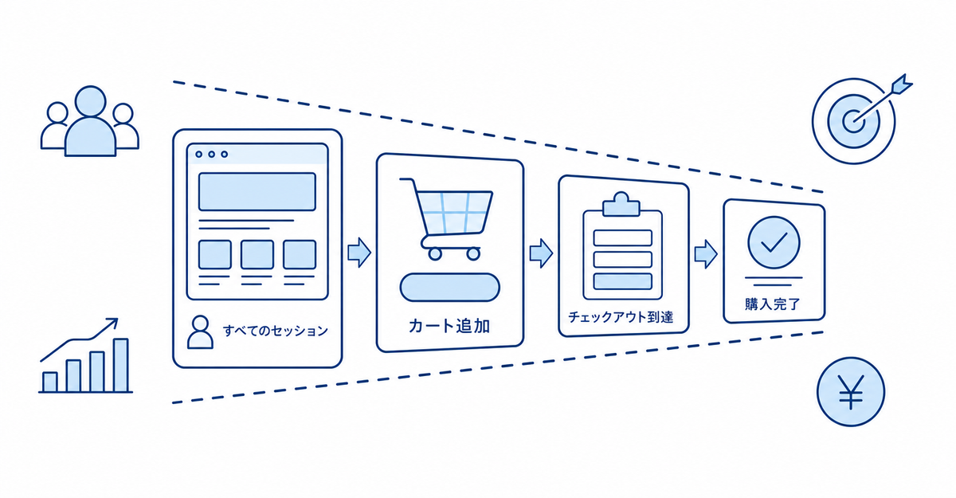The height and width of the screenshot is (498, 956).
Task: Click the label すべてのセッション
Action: tap(276, 331)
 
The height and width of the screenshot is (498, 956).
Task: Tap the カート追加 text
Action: tap(449, 326)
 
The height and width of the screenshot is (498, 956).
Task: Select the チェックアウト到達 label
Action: tap(621, 317)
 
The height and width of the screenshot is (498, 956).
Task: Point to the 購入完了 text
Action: tap(773, 304)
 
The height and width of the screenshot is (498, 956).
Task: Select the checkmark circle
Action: tap(774, 242)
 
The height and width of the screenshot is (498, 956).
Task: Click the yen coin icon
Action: tap(851, 392)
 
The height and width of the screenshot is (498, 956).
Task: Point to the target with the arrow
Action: tap(858, 120)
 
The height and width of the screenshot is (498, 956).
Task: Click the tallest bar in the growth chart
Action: tap(121, 365)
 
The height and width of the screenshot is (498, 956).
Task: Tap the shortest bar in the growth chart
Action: tap(50, 382)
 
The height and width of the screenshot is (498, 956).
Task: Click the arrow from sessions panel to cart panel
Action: tap(359, 253)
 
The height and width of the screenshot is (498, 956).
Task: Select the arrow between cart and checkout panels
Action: tap(541, 253)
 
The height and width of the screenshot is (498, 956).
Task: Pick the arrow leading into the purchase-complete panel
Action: tap(706, 254)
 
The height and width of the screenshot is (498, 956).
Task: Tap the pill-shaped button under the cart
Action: tap(450, 287)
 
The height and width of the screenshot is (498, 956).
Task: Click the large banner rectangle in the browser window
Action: tap(257, 191)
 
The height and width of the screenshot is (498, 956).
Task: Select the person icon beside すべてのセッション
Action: tap(200, 332)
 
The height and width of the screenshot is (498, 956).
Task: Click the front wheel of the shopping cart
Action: tap(473, 254)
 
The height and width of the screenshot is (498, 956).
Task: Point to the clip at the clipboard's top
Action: tap(621, 205)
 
